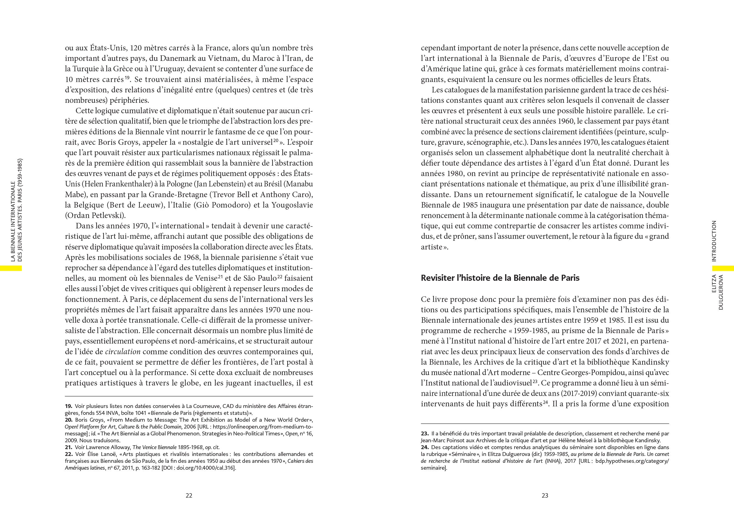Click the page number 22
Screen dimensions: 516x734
pyautogui.click(x=189, y=495)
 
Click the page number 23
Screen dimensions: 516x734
pyautogui.click(x=545, y=495)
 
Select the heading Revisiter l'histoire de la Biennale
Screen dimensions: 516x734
pyautogui.click(x=500, y=278)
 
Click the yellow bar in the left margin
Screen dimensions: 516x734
pyautogui.click(x=11, y=268)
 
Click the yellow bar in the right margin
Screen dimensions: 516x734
pyautogui.click(x=723, y=268)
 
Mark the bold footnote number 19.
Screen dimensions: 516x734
pyautogui.click(x=69, y=406)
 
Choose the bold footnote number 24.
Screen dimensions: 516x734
pyautogui.click(x=425, y=447)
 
